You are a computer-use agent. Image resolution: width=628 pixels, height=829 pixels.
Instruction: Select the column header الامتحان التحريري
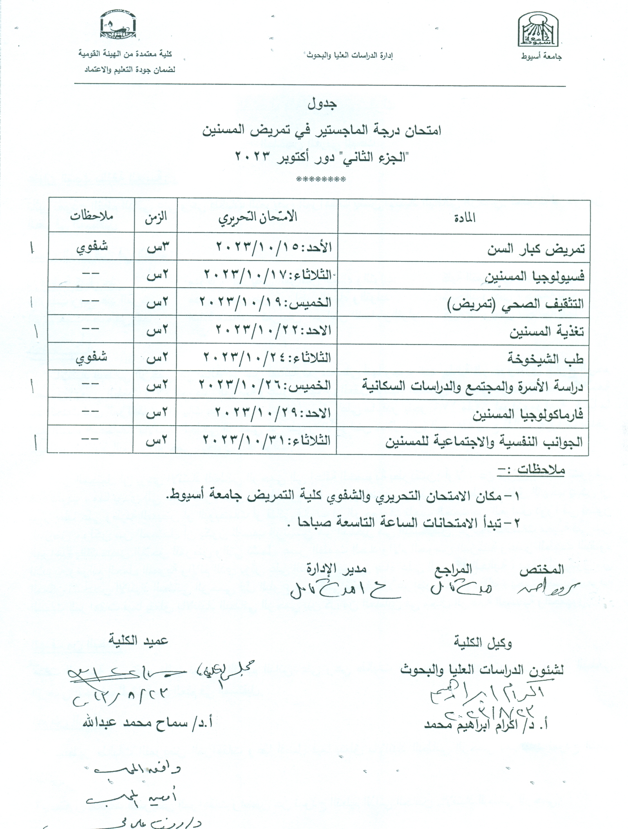[x=258, y=217]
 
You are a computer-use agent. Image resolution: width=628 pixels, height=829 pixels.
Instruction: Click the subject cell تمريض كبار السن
[x=536, y=249]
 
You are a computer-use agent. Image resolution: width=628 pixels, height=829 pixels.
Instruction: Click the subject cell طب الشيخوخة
[x=546, y=359]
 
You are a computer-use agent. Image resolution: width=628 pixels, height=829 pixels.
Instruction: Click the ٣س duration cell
[x=156, y=247]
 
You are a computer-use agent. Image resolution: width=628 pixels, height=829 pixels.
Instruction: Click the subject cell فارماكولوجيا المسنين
[x=528, y=414]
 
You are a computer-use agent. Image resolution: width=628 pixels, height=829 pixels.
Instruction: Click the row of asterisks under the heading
[x=321, y=179]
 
